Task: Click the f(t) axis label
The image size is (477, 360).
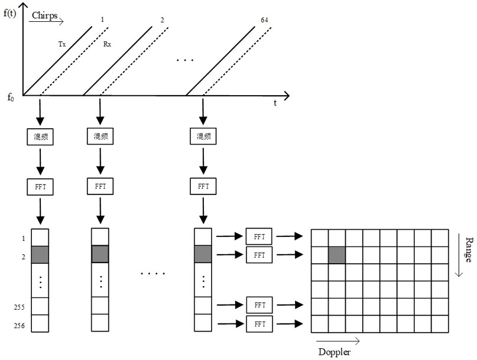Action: [x=9, y=13]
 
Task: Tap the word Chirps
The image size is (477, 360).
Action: [x=45, y=15]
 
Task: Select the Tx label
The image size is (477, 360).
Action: [x=61, y=44]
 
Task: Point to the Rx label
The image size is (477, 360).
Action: [x=107, y=44]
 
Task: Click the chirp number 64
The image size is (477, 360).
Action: [x=264, y=20]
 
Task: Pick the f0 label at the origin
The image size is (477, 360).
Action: [x=11, y=98]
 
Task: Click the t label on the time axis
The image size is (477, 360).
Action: [x=275, y=103]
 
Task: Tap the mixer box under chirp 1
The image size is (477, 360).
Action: [x=40, y=137]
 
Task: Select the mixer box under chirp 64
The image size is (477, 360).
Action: [x=203, y=136]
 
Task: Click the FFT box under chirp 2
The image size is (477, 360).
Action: [x=100, y=186]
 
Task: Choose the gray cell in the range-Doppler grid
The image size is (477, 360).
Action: [x=337, y=255]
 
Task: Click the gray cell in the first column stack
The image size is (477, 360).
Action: [x=40, y=255]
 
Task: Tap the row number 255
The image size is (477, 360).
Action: [x=19, y=307]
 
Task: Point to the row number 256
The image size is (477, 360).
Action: [x=19, y=326]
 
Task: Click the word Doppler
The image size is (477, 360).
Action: [x=335, y=352]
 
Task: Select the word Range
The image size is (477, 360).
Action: [x=469, y=250]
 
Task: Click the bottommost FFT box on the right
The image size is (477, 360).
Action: [x=259, y=324]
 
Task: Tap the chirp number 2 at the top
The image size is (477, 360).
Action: [x=162, y=20]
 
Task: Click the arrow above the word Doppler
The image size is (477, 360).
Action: [x=338, y=341]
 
